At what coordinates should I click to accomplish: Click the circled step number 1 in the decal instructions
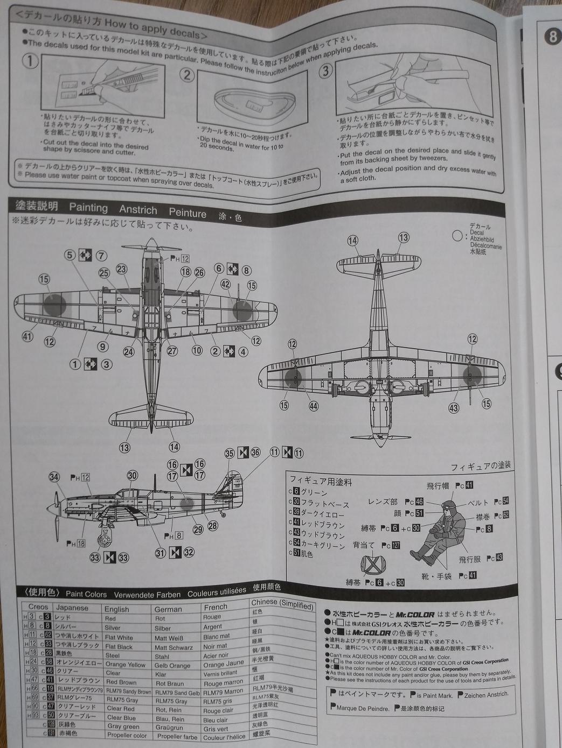[30, 60]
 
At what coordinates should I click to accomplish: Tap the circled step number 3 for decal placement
[325, 70]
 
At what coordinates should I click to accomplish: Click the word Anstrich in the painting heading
[138, 210]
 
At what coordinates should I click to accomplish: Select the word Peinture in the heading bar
[188, 213]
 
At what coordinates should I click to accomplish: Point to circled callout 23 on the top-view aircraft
[121, 269]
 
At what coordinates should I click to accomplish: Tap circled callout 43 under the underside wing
[454, 408]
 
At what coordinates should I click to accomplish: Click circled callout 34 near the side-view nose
[54, 477]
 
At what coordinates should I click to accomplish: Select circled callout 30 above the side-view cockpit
[132, 475]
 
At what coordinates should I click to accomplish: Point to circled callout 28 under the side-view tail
[212, 526]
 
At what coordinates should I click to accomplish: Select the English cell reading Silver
[113, 627]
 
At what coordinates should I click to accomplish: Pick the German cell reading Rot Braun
[169, 683]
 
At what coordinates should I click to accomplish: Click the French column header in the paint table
[216, 606]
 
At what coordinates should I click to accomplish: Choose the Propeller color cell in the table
[127, 735]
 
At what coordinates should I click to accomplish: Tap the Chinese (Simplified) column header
[282, 603]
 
